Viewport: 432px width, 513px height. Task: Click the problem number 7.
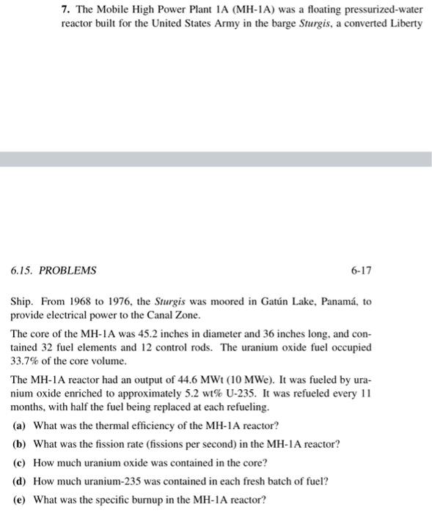(x=64, y=10)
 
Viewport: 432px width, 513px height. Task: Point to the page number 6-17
(x=361, y=270)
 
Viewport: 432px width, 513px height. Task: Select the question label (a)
(x=20, y=426)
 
